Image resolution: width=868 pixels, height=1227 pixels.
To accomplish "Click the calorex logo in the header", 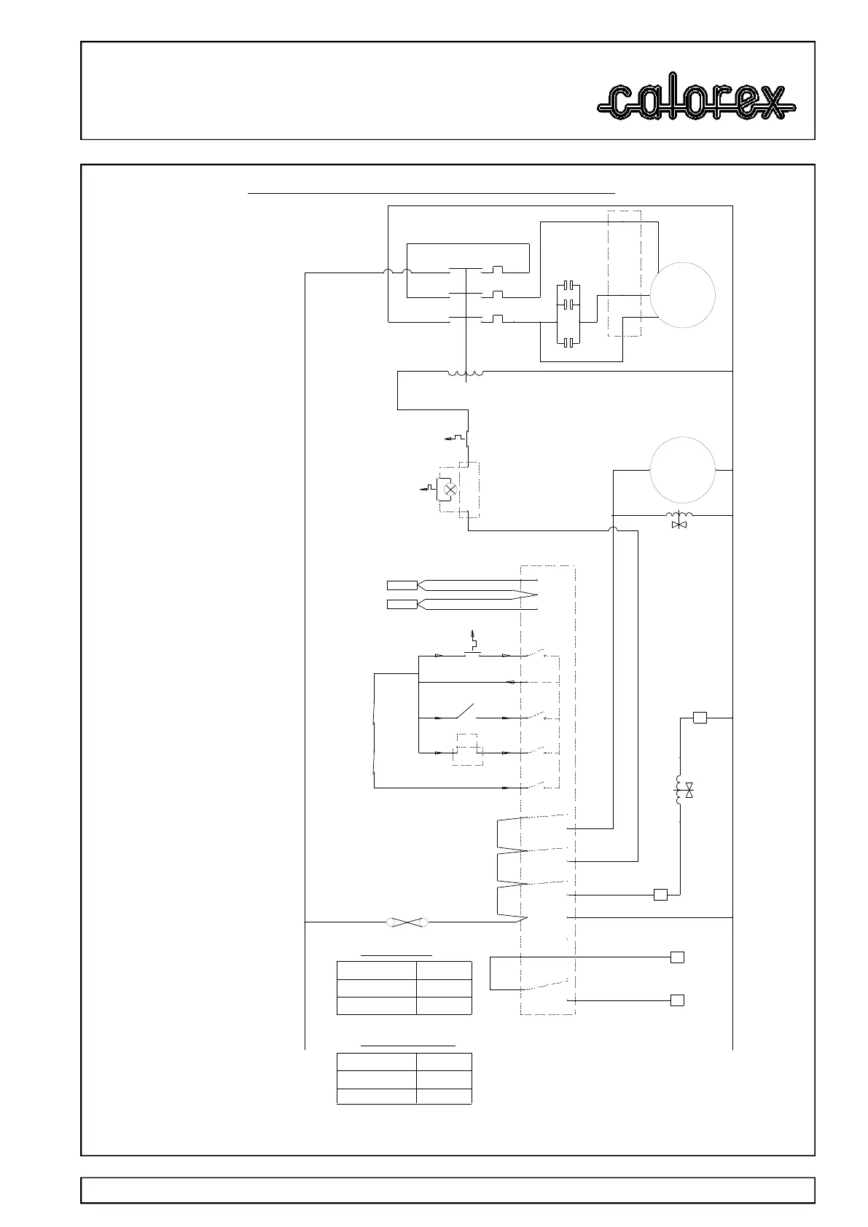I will click(696, 103).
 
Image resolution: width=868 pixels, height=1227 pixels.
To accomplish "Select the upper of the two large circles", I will click(682, 295).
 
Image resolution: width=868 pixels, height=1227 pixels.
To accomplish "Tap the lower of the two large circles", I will click(682, 471).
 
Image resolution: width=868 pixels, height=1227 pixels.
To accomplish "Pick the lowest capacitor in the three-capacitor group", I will click(568, 341).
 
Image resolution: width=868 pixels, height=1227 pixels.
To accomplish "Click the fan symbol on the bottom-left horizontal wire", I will click(407, 922).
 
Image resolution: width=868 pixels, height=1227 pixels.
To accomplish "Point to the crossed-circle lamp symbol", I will click(450, 490).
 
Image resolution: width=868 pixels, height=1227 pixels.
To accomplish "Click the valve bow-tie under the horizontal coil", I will click(681, 525).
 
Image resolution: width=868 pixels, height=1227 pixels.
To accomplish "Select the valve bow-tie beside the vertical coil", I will click(689, 789).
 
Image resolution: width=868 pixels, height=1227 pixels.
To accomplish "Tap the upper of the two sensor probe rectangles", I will click(402, 584).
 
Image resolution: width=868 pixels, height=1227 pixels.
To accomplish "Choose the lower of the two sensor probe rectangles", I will click(402, 604).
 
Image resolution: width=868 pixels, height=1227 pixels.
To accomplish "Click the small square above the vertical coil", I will click(700, 718).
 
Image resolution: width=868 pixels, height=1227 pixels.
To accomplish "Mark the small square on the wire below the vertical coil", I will click(660, 895).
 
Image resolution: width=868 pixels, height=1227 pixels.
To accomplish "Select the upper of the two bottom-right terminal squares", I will click(677, 957).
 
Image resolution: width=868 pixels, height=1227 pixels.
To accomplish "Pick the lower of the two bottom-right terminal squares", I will click(677, 1000).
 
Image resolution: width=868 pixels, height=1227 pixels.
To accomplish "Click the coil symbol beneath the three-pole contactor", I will click(465, 374).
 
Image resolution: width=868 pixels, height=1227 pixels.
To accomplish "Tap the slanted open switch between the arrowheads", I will click(464, 710).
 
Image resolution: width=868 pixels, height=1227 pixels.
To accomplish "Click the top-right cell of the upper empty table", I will click(444, 971).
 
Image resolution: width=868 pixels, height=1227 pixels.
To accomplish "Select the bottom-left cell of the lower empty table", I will click(376, 1096).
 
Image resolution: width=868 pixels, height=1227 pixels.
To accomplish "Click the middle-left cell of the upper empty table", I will click(376, 988).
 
